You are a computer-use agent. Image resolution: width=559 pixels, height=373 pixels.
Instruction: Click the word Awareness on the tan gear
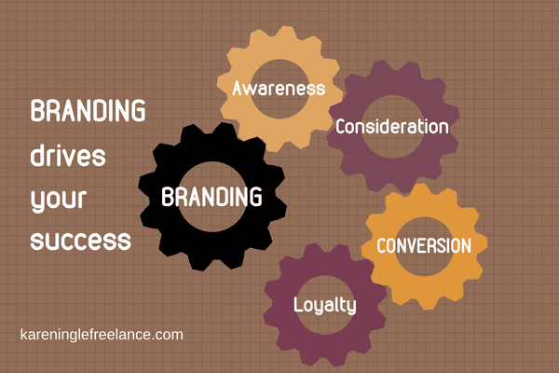click(x=279, y=89)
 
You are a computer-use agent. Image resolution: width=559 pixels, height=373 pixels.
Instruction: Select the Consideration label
click(x=392, y=127)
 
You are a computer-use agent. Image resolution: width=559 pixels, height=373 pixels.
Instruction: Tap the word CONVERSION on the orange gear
click(x=424, y=246)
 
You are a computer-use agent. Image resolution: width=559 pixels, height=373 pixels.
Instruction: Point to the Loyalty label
click(x=325, y=306)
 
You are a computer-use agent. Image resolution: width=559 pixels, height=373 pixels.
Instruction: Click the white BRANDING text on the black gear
click(x=211, y=197)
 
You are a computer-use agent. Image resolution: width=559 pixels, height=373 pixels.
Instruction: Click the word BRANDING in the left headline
click(x=89, y=111)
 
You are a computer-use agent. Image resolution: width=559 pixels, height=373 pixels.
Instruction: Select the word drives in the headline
click(x=68, y=156)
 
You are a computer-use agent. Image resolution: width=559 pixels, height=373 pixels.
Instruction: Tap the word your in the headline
click(x=59, y=200)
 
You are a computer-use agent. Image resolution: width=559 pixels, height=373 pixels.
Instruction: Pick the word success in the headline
click(x=81, y=241)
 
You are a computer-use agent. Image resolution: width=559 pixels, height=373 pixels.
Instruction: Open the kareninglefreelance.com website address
click(x=102, y=335)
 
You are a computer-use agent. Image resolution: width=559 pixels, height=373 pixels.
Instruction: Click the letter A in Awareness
click(x=239, y=89)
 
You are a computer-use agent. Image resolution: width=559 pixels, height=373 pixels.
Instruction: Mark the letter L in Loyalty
click(x=298, y=305)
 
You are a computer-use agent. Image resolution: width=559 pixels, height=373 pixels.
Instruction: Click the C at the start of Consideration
click(x=341, y=127)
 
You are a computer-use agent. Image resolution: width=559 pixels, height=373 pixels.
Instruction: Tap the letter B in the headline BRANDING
click(x=37, y=111)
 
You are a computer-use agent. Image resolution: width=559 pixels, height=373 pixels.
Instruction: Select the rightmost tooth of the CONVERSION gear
click(x=482, y=244)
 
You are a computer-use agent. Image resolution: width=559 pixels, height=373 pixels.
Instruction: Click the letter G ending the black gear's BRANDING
click(x=255, y=197)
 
